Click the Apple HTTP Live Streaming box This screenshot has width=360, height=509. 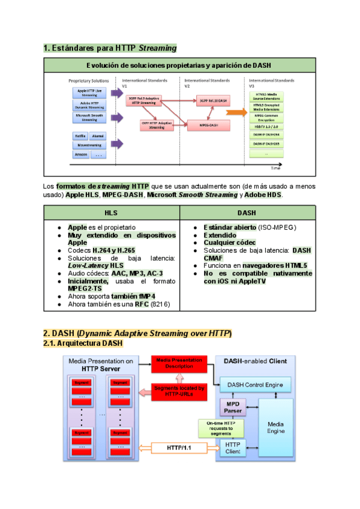[x=89, y=92]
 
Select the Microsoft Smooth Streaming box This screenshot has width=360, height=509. [x=89, y=116]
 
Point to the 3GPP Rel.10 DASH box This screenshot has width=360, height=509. [x=214, y=101]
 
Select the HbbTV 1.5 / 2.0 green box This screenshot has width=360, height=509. [x=266, y=127]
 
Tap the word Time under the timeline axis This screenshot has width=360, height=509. [x=275, y=169]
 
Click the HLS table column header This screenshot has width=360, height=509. [x=112, y=212]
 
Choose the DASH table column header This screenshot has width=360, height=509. [x=247, y=212]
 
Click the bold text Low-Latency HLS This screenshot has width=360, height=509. [x=96, y=265]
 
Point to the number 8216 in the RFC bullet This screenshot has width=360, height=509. [x=160, y=305]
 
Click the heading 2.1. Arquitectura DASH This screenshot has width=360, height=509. [x=83, y=343]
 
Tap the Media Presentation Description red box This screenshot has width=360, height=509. [x=179, y=363]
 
